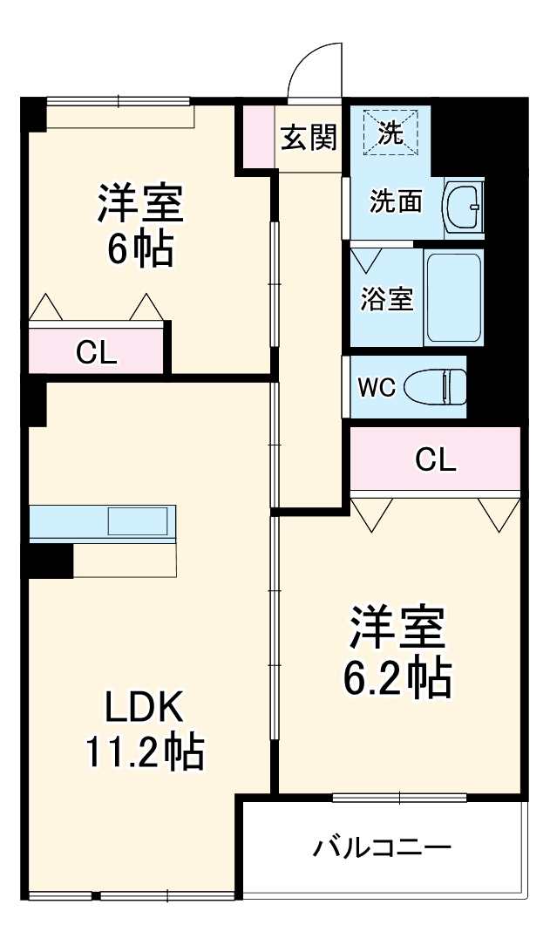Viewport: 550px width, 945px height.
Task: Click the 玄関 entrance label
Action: point(309,138)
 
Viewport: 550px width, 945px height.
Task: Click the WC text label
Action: point(377,387)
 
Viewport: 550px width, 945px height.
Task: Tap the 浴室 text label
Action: point(387,299)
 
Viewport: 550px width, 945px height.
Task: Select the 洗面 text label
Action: point(395,202)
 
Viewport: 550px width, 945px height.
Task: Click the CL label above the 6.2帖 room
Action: point(435,459)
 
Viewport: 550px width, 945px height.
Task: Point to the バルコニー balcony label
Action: point(383,846)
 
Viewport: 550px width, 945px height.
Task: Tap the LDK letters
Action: point(144,707)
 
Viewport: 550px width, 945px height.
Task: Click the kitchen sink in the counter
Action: point(138,520)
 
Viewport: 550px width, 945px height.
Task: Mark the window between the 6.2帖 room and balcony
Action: point(399,797)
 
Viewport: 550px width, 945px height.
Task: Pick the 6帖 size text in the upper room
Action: point(139,248)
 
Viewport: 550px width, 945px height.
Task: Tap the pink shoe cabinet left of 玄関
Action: point(258,135)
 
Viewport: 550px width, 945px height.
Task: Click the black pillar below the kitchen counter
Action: point(51,559)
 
